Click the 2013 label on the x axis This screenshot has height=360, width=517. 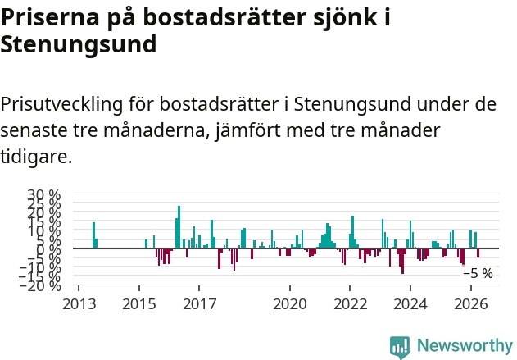point(79,304)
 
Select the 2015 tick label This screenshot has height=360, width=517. point(139,304)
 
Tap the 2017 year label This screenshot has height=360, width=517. point(199,304)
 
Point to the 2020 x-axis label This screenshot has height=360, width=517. point(290,304)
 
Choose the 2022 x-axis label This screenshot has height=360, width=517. point(350,304)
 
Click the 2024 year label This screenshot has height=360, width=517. point(410,304)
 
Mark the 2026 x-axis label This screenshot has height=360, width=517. point(471,304)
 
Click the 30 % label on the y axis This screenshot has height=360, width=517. point(44,194)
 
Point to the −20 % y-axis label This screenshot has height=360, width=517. point(40,285)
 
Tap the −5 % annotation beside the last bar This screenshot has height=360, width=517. point(478,273)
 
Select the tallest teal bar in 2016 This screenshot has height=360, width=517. point(179,227)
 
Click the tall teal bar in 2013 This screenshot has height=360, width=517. point(93,235)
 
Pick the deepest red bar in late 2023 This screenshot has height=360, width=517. point(402,261)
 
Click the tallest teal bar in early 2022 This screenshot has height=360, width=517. point(352,232)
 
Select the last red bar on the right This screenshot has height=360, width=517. point(478,253)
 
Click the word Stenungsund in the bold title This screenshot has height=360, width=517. point(79,45)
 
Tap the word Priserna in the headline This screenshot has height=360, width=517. point(50,17)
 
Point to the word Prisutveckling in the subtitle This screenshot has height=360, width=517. point(61,105)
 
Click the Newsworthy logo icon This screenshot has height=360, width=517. point(400,347)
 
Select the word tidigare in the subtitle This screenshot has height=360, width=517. point(36,156)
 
